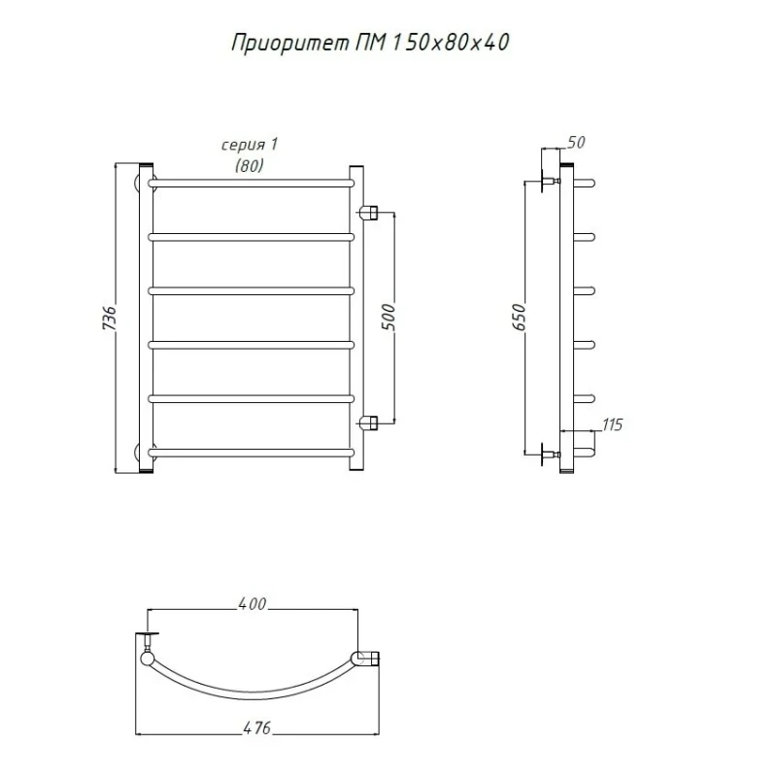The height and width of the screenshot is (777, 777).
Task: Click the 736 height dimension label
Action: tap(109, 318)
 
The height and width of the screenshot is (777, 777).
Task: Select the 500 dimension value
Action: tap(389, 318)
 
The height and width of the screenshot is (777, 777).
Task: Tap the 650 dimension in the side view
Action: tap(519, 318)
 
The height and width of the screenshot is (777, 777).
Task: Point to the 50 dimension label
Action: tap(576, 142)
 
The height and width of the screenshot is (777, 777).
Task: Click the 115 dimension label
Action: tap(612, 424)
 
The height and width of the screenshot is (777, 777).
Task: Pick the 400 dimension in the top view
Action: tap(253, 603)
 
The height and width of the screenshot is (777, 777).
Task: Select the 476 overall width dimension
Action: tap(257, 727)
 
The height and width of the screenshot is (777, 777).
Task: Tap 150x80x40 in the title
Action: tap(450, 43)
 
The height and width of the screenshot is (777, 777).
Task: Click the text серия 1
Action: tap(250, 145)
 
